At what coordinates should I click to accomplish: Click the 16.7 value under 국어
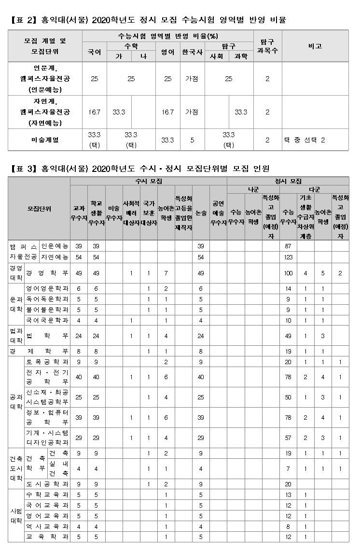point(94,112)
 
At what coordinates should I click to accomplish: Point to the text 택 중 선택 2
point(305,140)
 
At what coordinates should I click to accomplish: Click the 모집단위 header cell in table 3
point(39,208)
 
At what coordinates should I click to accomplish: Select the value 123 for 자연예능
point(289,257)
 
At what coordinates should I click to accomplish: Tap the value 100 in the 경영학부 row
point(289,273)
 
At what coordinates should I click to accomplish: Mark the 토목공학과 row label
point(46,362)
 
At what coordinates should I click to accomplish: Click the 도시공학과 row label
point(46,484)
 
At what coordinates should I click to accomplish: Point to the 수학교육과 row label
point(46,495)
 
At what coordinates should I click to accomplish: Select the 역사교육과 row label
point(46,526)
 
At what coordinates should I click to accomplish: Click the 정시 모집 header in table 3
point(288,181)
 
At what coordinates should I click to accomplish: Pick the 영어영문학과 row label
point(46,288)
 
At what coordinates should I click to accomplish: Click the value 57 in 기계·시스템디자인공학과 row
point(289,438)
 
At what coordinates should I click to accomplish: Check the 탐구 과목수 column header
point(267,46)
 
